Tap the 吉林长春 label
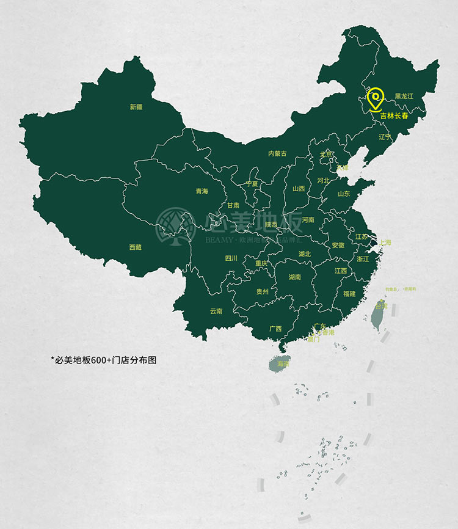click(394, 115)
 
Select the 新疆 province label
click(136, 107)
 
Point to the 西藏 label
click(135, 247)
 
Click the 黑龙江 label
click(404, 97)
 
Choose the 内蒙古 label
click(277, 154)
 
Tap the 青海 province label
click(202, 191)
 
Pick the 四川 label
click(231, 258)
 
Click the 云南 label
click(216, 311)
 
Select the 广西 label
click(275, 329)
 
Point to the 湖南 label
click(294, 277)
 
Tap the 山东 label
click(344, 194)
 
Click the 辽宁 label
click(384, 136)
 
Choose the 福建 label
click(349, 294)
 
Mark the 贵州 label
click(262, 291)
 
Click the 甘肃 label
click(233, 206)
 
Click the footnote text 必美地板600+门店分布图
click(103, 360)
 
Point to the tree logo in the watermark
click(176, 226)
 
